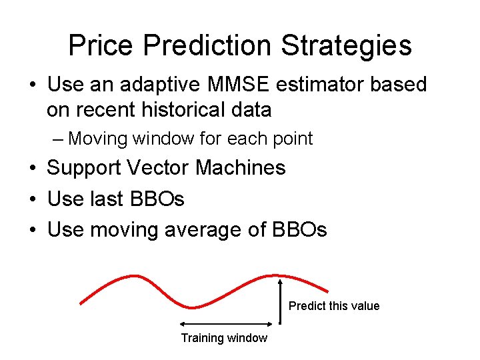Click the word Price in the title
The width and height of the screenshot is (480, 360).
click(101, 45)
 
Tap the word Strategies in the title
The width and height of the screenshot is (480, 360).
click(346, 45)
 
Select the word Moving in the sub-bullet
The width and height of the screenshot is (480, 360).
click(98, 139)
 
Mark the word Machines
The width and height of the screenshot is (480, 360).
click(248, 168)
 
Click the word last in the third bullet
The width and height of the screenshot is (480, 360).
click(107, 199)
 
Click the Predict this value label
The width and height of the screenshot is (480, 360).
click(334, 306)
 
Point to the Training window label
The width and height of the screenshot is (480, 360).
click(224, 338)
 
